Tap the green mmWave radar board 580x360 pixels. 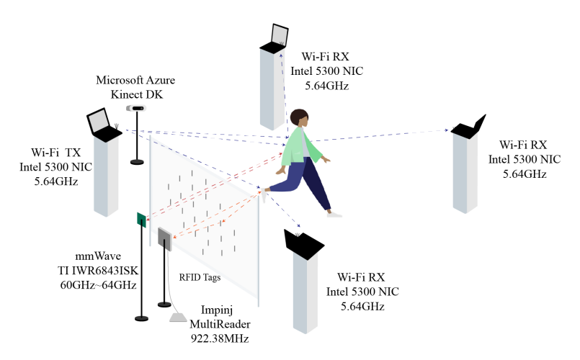(142, 220)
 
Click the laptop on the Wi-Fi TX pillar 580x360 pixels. (100, 124)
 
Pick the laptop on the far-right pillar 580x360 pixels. (470, 126)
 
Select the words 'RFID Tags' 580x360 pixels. (200, 276)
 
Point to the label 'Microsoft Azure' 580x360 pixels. (135, 79)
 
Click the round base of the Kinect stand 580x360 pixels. (136, 162)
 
